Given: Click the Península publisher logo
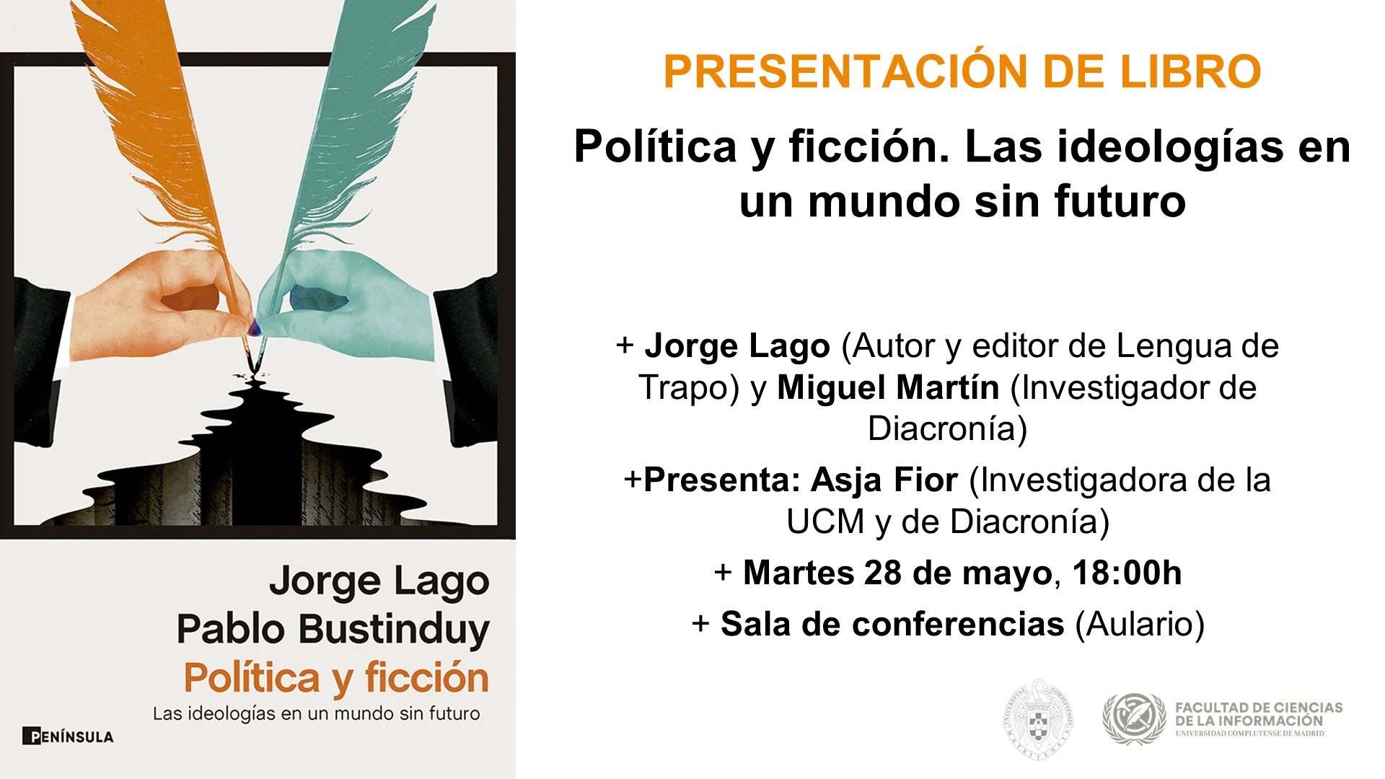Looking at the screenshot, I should click(69, 736).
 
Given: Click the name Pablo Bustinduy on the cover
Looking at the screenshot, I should click(333, 629).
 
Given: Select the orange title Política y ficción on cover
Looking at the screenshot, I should click(336, 678).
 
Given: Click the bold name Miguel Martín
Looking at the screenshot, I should click(888, 388).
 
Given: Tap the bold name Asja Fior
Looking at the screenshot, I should click(884, 480).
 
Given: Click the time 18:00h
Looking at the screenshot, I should click(1127, 573).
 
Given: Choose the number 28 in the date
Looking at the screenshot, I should click(882, 573).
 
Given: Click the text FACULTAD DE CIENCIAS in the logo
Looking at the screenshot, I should click(1259, 708).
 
